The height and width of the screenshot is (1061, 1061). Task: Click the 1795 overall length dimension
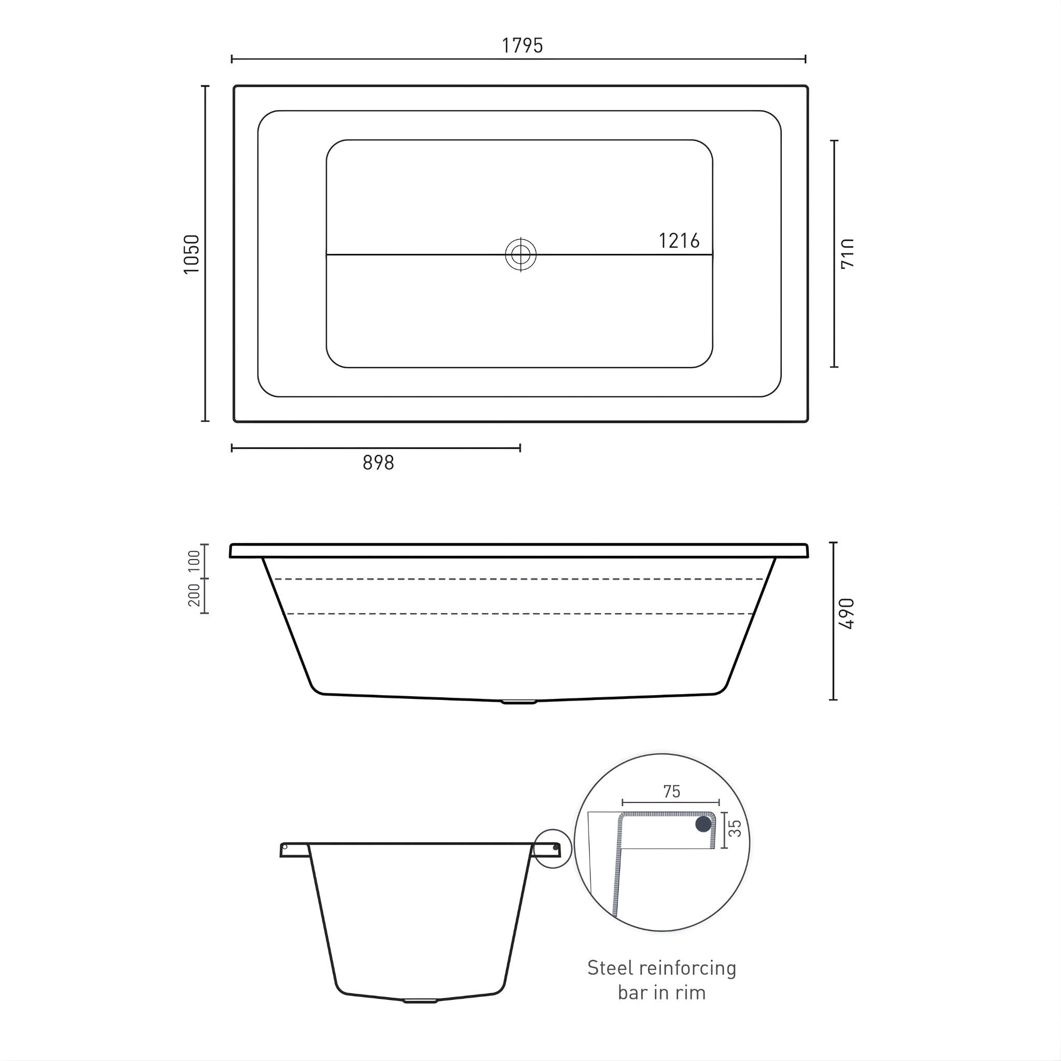(x=522, y=46)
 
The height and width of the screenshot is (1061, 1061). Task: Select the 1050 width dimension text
(x=192, y=254)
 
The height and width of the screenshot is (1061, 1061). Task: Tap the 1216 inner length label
(x=679, y=241)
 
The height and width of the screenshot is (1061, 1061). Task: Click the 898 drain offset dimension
(x=378, y=463)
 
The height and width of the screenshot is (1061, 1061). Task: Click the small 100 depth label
(x=194, y=561)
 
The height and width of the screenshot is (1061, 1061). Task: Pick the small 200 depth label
(x=194, y=595)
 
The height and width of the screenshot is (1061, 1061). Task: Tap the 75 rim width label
(x=671, y=792)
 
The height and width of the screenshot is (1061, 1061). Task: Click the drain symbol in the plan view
(x=521, y=255)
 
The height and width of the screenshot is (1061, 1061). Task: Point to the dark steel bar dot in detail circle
(x=703, y=824)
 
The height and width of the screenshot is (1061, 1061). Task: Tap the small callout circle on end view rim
(x=553, y=849)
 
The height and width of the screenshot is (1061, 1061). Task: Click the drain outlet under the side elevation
(x=519, y=701)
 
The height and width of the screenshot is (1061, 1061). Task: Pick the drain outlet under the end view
(x=420, y=1000)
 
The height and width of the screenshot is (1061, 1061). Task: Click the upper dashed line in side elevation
(x=519, y=579)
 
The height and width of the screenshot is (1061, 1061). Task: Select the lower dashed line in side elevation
(x=519, y=613)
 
